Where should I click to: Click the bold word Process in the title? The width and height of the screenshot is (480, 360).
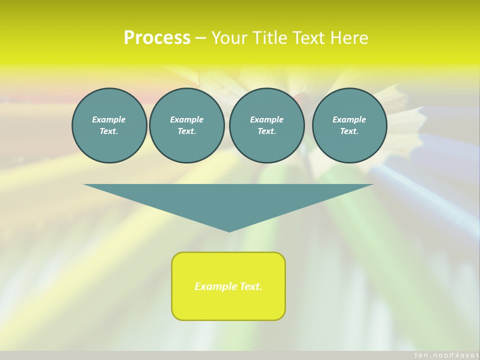tap(157, 37)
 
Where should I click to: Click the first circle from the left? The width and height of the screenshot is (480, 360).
tap(109, 125)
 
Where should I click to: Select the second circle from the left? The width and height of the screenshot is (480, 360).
tap(186, 125)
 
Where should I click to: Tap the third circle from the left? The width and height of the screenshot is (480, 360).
tap(266, 125)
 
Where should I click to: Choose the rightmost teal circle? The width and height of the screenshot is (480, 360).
tap(349, 125)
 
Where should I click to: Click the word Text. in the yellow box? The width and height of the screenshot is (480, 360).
tap(250, 286)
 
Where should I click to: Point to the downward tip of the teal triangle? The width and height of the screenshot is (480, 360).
tap(229, 230)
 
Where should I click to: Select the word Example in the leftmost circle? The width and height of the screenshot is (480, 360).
tap(109, 119)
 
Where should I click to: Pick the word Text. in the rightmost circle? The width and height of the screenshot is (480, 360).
tap(349, 131)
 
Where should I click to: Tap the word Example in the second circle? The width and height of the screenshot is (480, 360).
tap(186, 119)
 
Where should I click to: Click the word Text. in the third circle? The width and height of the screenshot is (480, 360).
tap(266, 131)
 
